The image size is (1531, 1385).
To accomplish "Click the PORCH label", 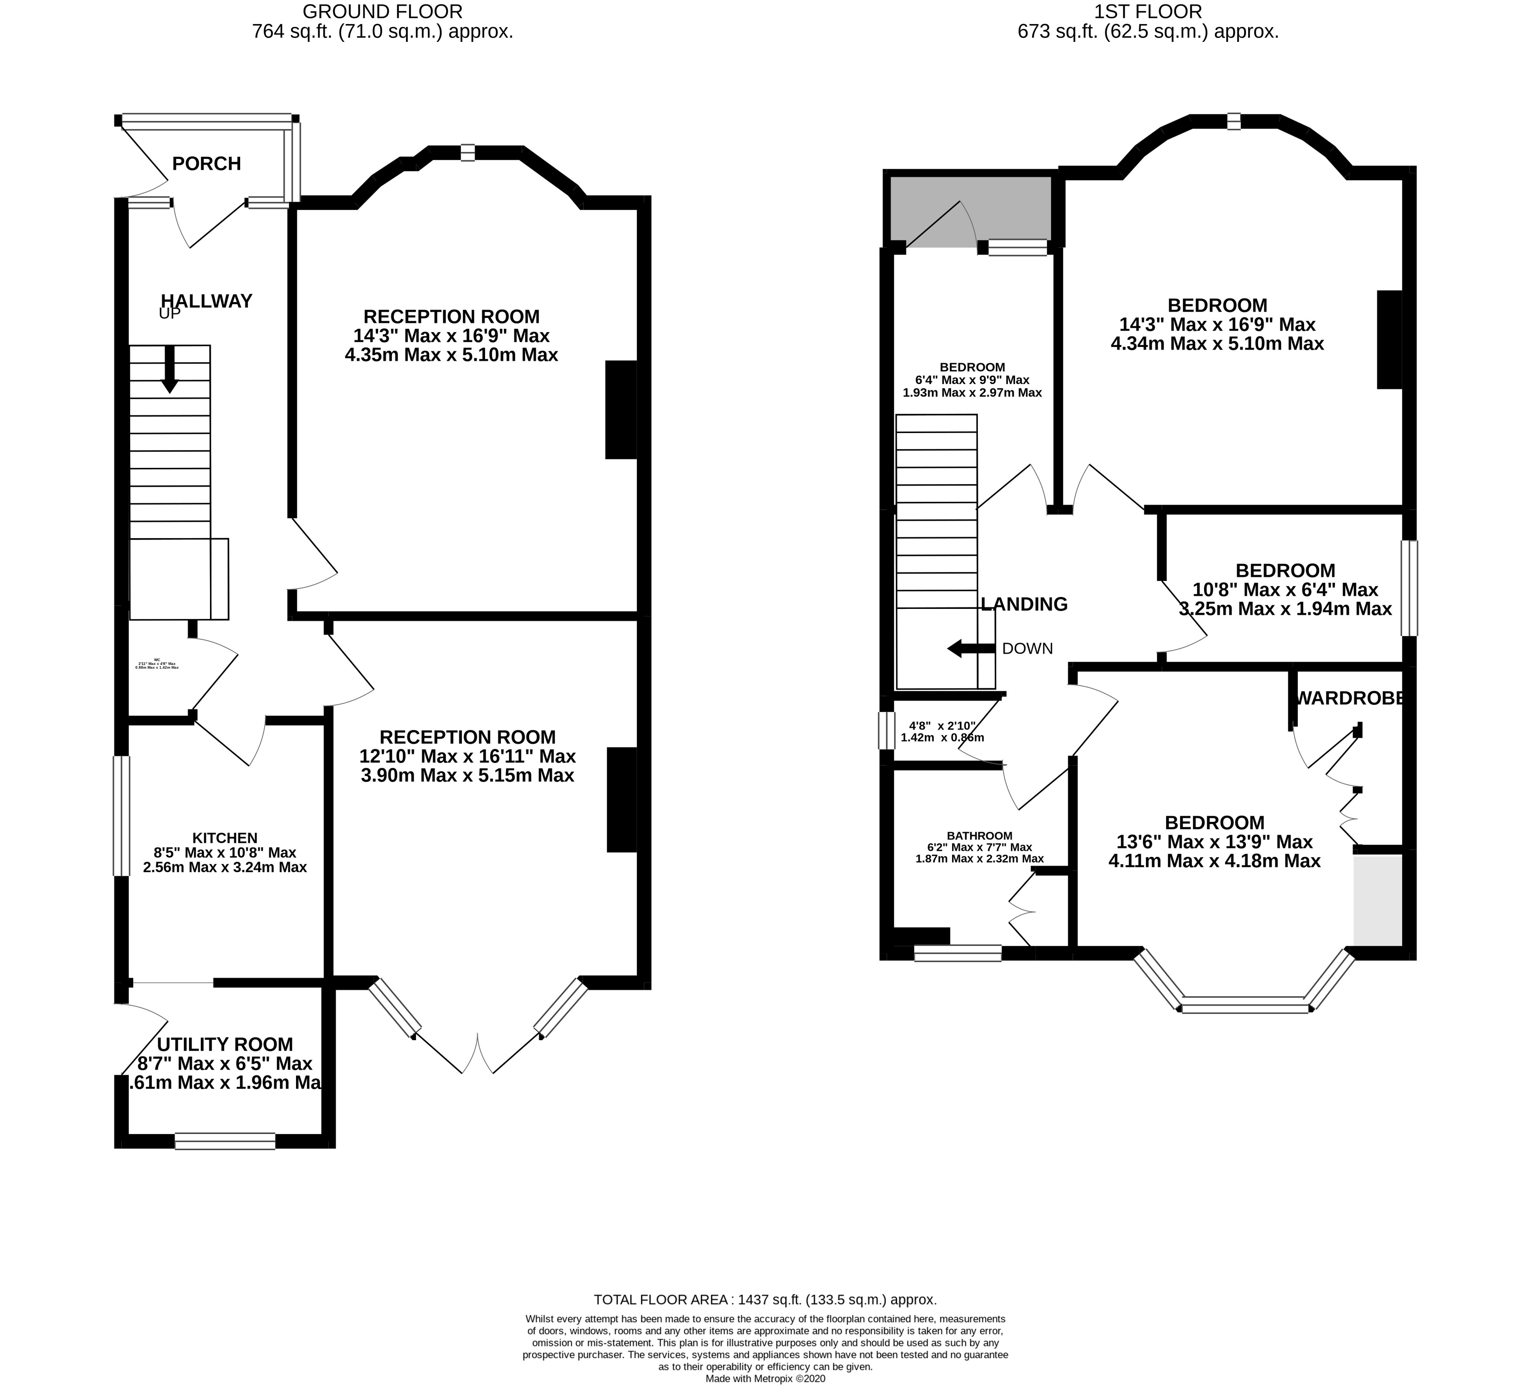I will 206,164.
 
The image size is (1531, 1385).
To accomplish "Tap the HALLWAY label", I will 206,302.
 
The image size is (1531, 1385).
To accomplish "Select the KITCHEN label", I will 225,838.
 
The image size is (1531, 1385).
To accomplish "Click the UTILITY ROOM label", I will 225,1044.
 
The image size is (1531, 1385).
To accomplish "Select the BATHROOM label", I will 980,835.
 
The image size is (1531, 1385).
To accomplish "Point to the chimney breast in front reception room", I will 620,410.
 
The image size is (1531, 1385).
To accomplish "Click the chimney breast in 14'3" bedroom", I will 1389,340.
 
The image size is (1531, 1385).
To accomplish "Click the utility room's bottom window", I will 225,1141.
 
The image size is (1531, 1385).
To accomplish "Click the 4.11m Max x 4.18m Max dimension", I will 1214,861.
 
